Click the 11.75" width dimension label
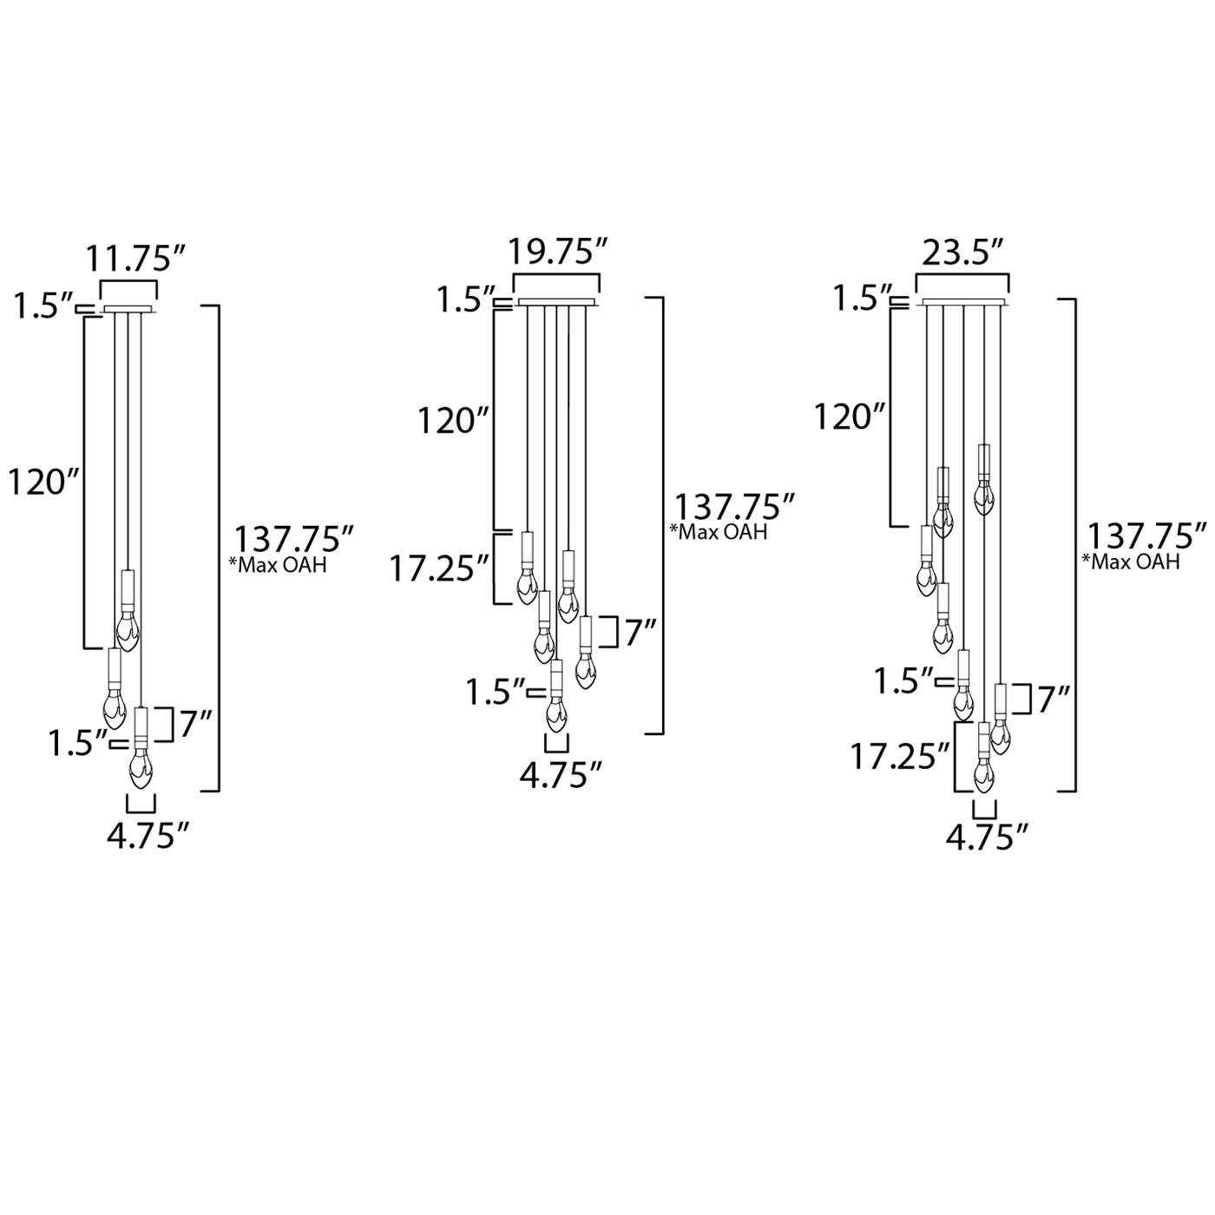click(136, 259)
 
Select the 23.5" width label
click(962, 253)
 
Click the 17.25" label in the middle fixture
click(439, 568)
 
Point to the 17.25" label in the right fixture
click(900, 757)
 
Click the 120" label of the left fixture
click(44, 483)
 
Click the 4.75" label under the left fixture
click(148, 837)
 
